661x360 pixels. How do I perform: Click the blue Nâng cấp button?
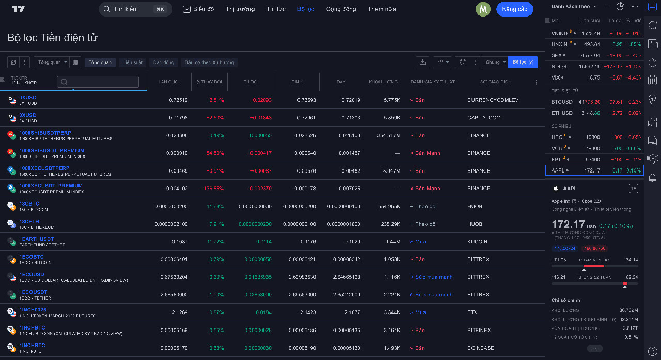(x=514, y=9)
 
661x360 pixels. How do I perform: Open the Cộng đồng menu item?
(x=341, y=9)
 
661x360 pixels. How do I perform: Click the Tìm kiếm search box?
(x=135, y=9)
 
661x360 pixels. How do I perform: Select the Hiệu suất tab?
(x=132, y=62)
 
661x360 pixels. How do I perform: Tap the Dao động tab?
(x=164, y=62)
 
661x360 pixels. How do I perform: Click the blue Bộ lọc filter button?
(x=523, y=62)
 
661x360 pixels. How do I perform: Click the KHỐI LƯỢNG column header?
(x=383, y=82)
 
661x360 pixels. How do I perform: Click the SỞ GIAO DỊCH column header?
(x=496, y=82)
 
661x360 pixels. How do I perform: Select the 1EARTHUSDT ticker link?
(x=36, y=239)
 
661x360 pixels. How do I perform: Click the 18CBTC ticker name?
(x=29, y=204)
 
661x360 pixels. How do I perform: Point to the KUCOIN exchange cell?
(x=477, y=242)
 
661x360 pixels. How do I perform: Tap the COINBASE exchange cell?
(x=480, y=348)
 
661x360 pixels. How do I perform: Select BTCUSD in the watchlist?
(x=562, y=102)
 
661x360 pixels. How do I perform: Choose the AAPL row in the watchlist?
(x=594, y=170)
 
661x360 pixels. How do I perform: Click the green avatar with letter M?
(x=483, y=9)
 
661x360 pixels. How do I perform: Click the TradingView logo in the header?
(x=18, y=9)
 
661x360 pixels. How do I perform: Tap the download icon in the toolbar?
(x=422, y=62)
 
